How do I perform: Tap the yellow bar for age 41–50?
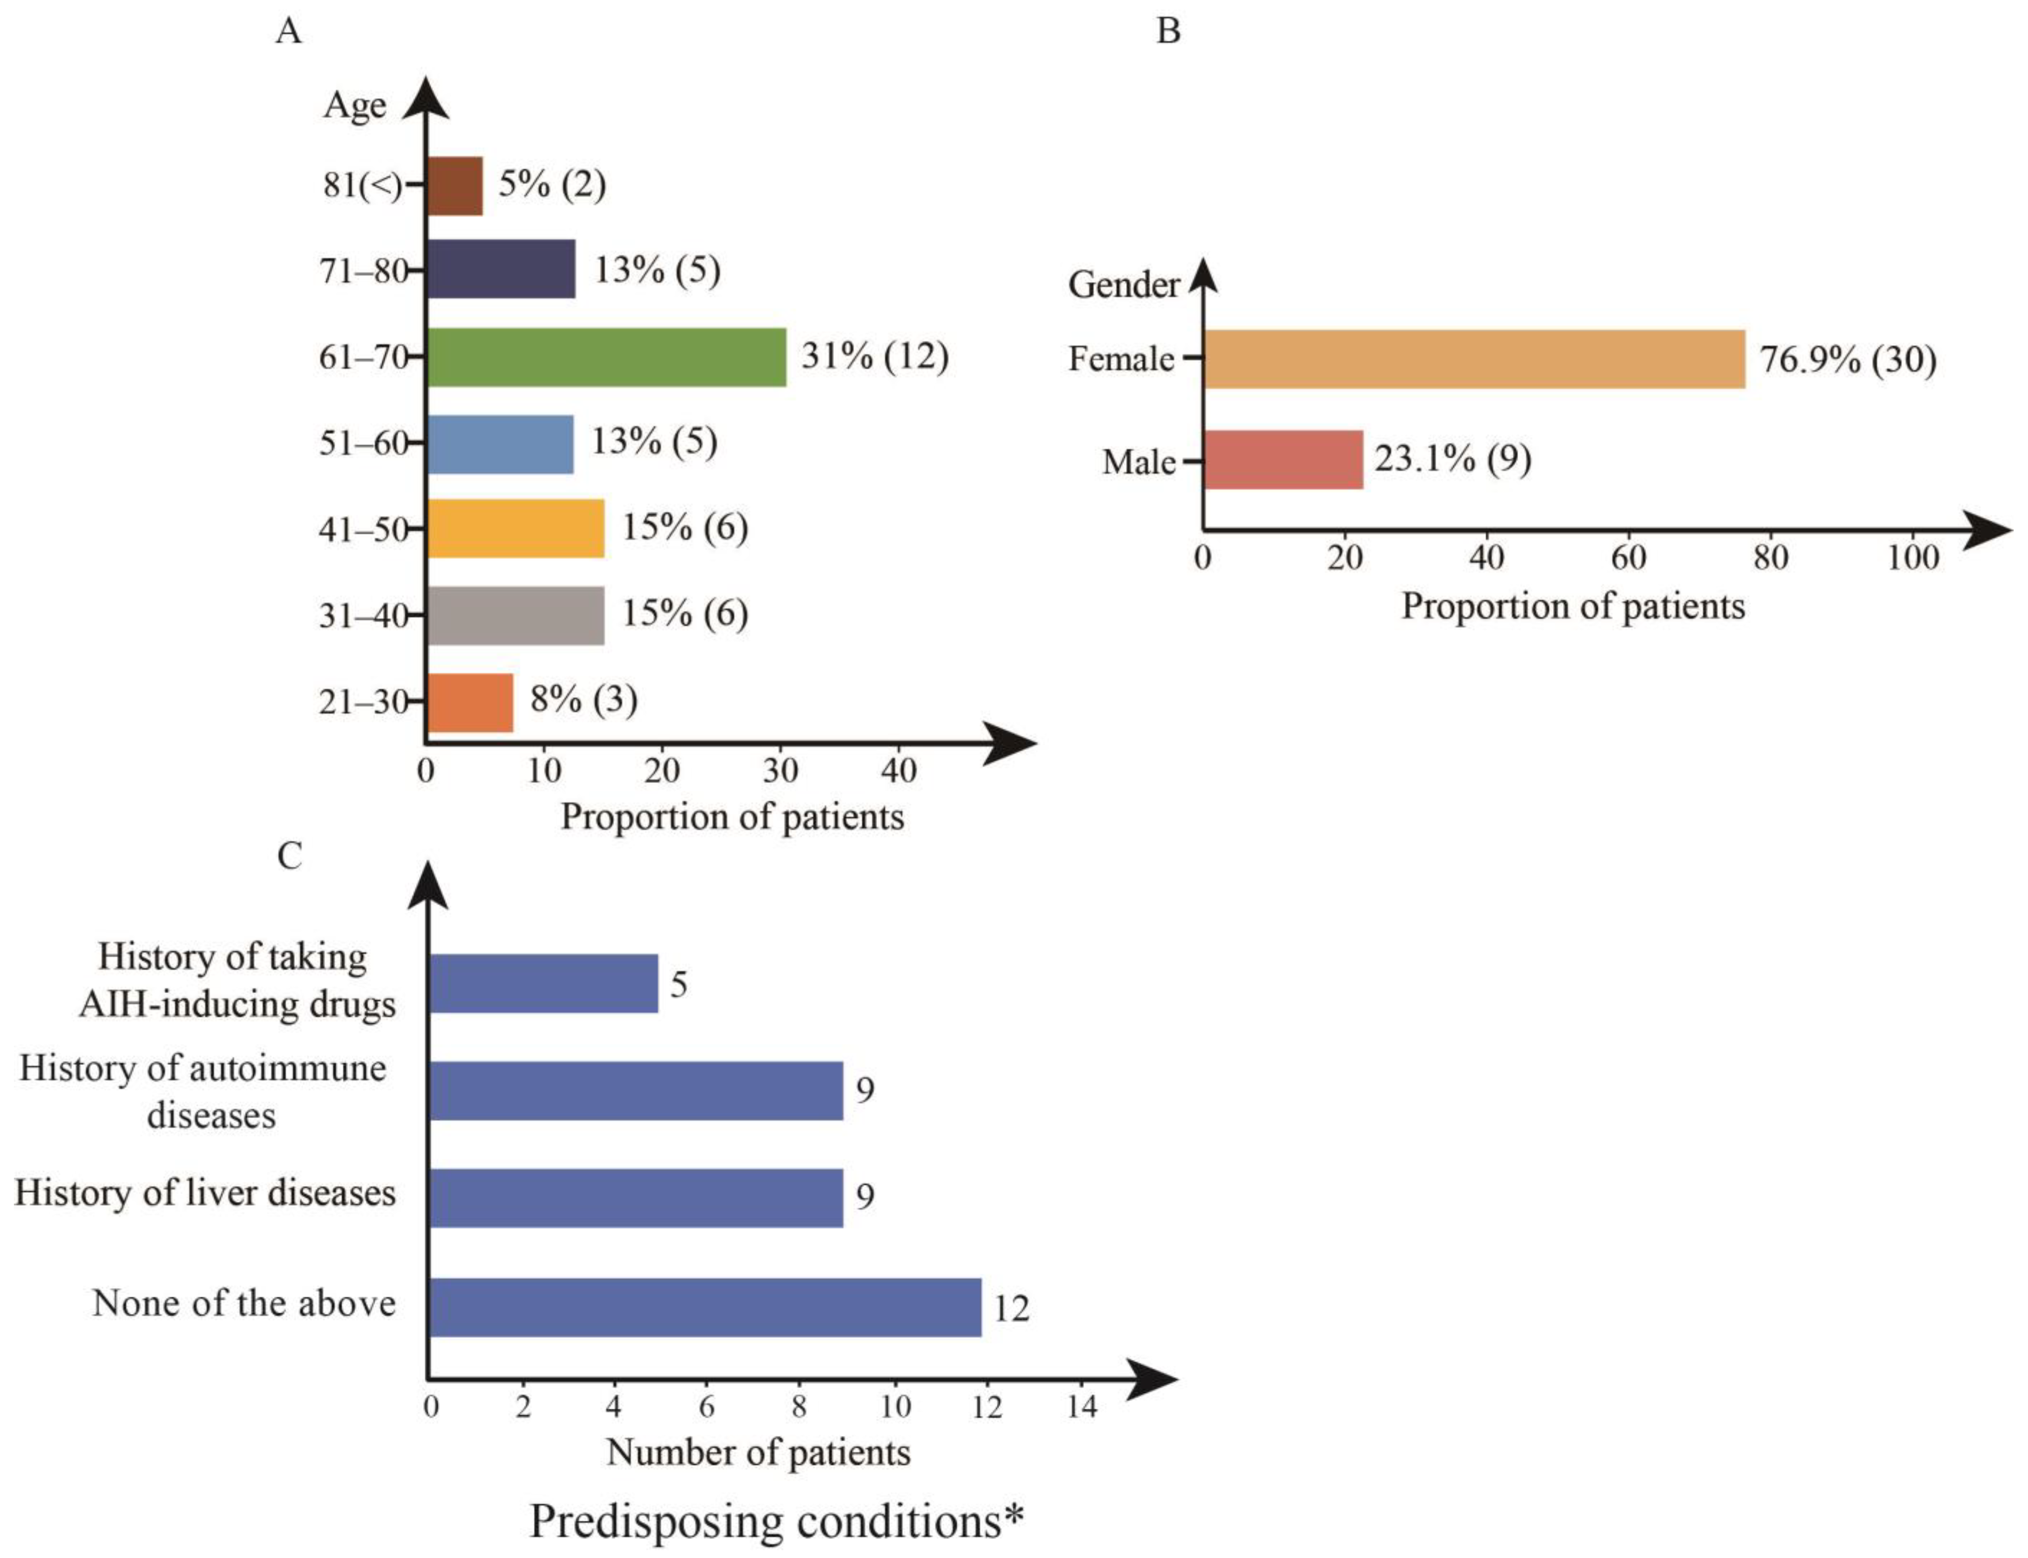pos(516,528)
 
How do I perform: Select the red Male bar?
pos(1283,460)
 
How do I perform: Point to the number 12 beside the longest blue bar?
pos(1011,1309)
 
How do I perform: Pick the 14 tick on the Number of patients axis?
pos(1082,1407)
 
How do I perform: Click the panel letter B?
pos(1168,32)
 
